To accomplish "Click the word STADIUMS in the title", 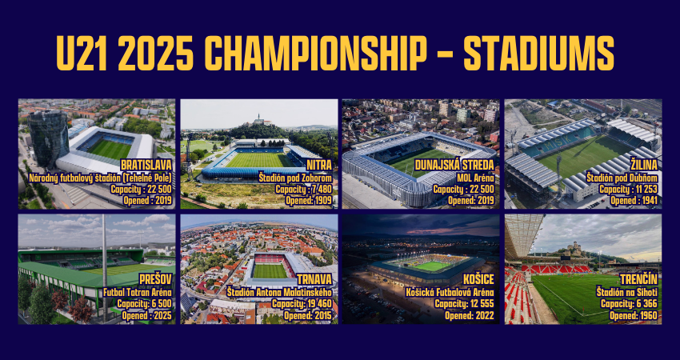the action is coord(538,53).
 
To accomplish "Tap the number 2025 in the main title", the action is coord(156,53).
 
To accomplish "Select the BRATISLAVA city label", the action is coord(146,166).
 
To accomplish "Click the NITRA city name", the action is coord(319,166).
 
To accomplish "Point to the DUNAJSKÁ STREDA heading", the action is coord(454,166).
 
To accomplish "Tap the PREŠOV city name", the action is coord(156,280).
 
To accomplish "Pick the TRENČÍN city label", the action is coord(640,280).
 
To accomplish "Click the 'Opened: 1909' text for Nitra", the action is coord(308,201).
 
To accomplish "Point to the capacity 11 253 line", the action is coord(628,190).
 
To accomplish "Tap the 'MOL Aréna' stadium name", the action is coord(476,178).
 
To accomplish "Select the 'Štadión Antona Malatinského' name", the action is coord(280,292).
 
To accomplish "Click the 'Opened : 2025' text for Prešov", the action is coord(146,316).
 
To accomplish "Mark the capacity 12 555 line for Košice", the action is coord(465,304).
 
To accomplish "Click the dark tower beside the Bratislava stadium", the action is coord(48,138).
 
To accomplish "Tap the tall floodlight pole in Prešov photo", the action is coord(105,268).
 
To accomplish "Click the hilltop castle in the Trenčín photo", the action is coord(574,248).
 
